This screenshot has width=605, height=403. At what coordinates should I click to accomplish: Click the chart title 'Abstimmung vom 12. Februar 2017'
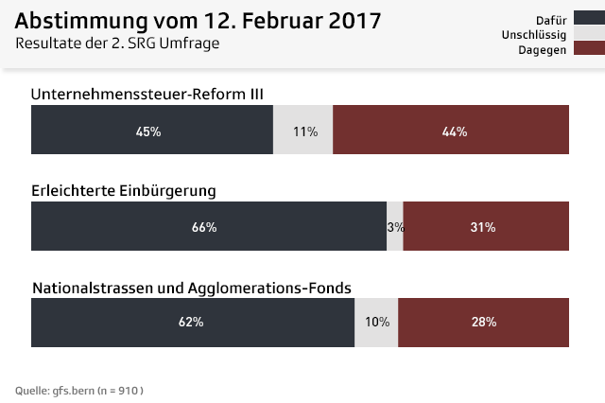[199, 21]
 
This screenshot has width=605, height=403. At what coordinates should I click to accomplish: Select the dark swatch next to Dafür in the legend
[588, 19]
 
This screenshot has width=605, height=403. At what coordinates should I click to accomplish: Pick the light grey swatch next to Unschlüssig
[588, 34]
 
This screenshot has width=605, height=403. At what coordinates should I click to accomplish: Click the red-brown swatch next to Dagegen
[588, 49]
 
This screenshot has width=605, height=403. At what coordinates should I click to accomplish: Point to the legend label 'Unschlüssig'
[534, 34]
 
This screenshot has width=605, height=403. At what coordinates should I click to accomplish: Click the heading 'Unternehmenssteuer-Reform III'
[147, 94]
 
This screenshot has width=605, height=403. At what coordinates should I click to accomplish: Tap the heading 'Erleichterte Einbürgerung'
[124, 190]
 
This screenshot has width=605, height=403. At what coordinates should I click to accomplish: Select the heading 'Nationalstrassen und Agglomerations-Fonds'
[192, 287]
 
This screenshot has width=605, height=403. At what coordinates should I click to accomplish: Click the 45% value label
[148, 131]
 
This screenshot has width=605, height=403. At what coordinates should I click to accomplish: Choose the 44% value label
[455, 131]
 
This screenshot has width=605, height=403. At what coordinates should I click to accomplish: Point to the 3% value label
[395, 227]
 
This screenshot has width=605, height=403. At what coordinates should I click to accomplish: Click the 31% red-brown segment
[486, 227]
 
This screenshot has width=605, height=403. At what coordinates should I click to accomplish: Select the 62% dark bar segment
[192, 322]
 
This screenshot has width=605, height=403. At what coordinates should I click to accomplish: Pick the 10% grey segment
[376, 322]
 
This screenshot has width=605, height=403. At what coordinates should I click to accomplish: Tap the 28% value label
[484, 322]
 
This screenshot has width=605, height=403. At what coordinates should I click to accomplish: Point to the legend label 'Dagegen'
[542, 49]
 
